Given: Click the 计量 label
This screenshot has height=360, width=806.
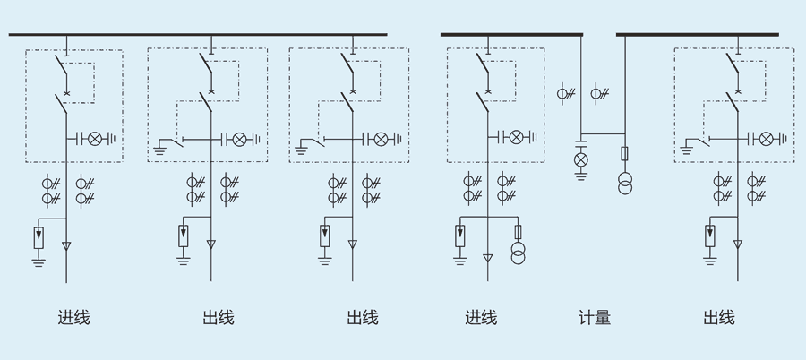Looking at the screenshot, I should (x=595, y=318).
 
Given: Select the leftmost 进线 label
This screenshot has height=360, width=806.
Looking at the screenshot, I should (x=73, y=318).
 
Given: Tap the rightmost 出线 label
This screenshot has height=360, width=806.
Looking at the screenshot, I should (x=719, y=318).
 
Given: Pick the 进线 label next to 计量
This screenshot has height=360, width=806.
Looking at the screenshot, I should (x=481, y=318).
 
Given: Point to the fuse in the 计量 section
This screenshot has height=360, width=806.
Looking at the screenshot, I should (x=624, y=153).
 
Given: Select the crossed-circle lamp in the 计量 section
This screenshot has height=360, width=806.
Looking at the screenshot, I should (x=580, y=160).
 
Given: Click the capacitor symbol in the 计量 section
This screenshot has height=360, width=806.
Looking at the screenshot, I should (x=580, y=143).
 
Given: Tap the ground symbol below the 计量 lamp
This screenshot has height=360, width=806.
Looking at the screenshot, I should (x=580, y=176).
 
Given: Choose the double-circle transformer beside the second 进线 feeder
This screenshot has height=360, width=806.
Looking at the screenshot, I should (x=518, y=256).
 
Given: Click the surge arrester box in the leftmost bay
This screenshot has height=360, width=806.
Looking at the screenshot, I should (x=39, y=237).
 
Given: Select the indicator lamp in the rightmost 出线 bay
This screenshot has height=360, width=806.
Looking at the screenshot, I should (x=766, y=138).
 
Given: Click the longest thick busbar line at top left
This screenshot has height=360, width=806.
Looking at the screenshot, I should (x=197, y=35).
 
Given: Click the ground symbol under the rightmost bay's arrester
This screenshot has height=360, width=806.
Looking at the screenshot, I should (x=710, y=261).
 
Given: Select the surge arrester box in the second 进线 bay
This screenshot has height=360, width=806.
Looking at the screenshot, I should (x=460, y=236).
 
